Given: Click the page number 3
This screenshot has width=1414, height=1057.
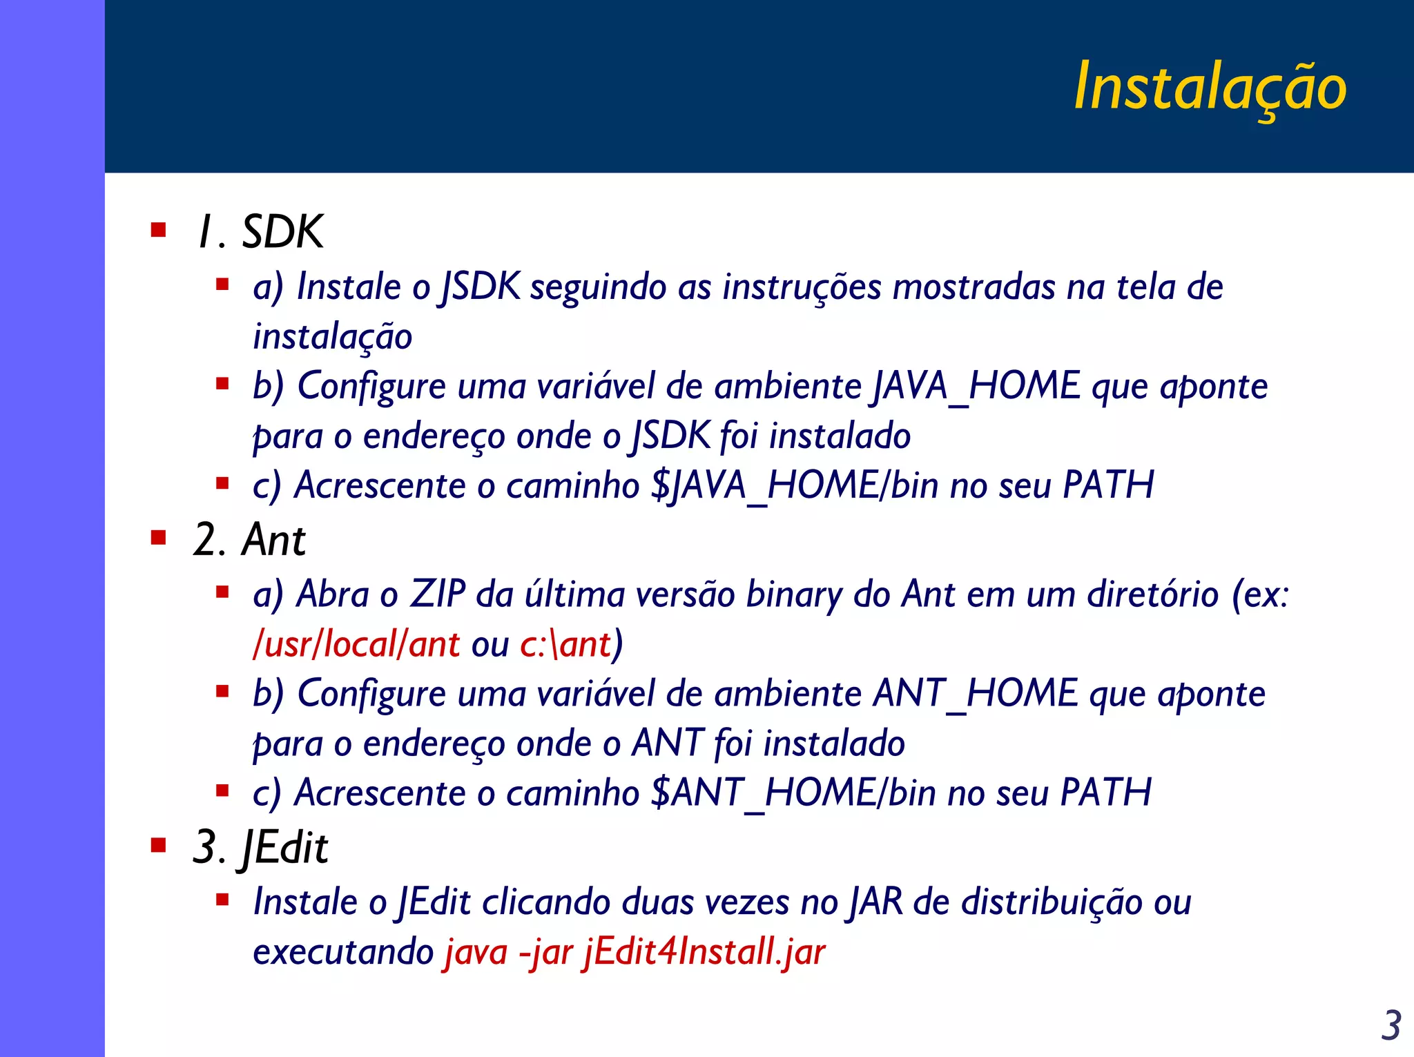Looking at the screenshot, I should pos(1391,1026).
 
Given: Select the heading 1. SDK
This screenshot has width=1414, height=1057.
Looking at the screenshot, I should pos(260,232).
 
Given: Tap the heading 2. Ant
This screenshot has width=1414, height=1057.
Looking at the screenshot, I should pos(249,540).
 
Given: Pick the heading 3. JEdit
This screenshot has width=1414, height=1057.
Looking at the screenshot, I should pos(260,847).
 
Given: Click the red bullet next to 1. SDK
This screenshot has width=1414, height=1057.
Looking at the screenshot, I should pos(159,230).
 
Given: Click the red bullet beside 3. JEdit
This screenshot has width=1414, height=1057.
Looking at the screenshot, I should pos(159,845).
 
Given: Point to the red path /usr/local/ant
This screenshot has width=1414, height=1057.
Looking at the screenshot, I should pos(356,644).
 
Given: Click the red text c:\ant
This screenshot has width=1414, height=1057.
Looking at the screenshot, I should pos(565,644).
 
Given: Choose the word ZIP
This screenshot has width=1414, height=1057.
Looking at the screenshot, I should pos(438,594).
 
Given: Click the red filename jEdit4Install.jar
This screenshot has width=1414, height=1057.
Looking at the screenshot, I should pos(704,952).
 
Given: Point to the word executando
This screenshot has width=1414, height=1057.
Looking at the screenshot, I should pos(342,952).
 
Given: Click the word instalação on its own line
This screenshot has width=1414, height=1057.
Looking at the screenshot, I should pos(332,337).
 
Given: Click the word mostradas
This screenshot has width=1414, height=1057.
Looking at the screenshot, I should pos(974,287).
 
